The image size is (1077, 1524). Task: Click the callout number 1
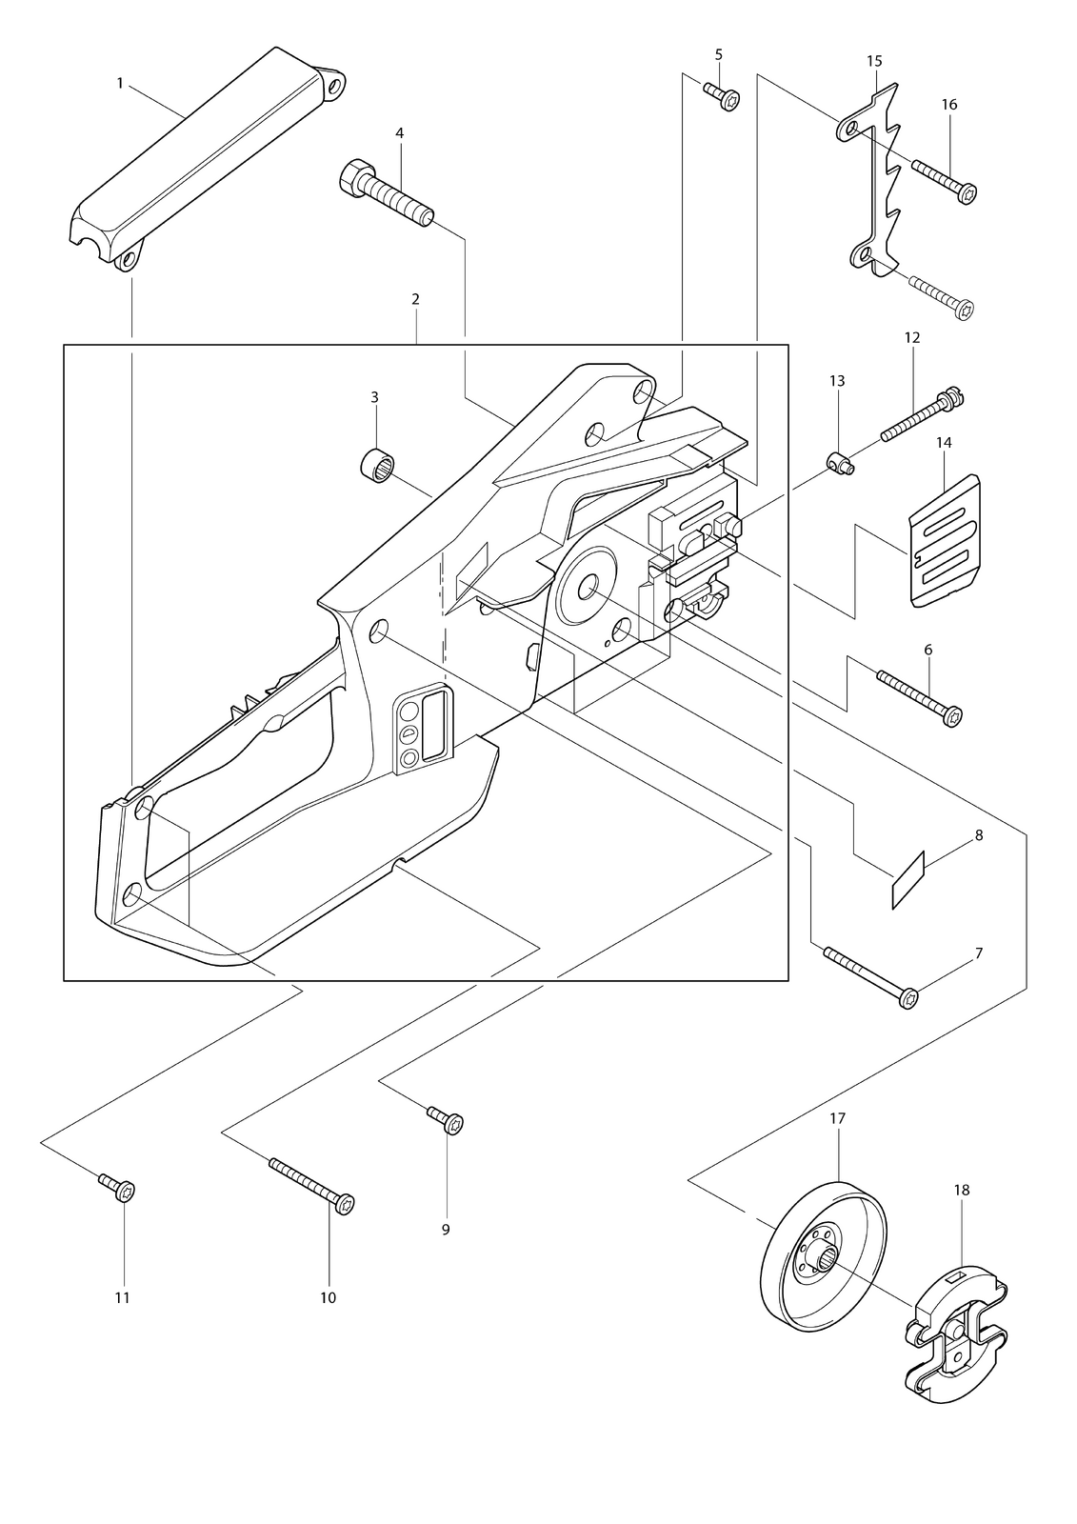pyautogui.click(x=120, y=83)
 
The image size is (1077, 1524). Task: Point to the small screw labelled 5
pyautogui.click(x=721, y=96)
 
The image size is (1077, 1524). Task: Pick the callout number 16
pyautogui.click(x=949, y=105)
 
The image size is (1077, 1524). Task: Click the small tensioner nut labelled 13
pyautogui.click(x=841, y=466)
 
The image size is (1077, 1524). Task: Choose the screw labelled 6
pyautogui.click(x=920, y=699)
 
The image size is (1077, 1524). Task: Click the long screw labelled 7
pyautogui.click(x=871, y=977)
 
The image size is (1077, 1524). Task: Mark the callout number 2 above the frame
pyautogui.click(x=415, y=299)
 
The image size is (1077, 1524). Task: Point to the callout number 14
pyautogui.click(x=944, y=442)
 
